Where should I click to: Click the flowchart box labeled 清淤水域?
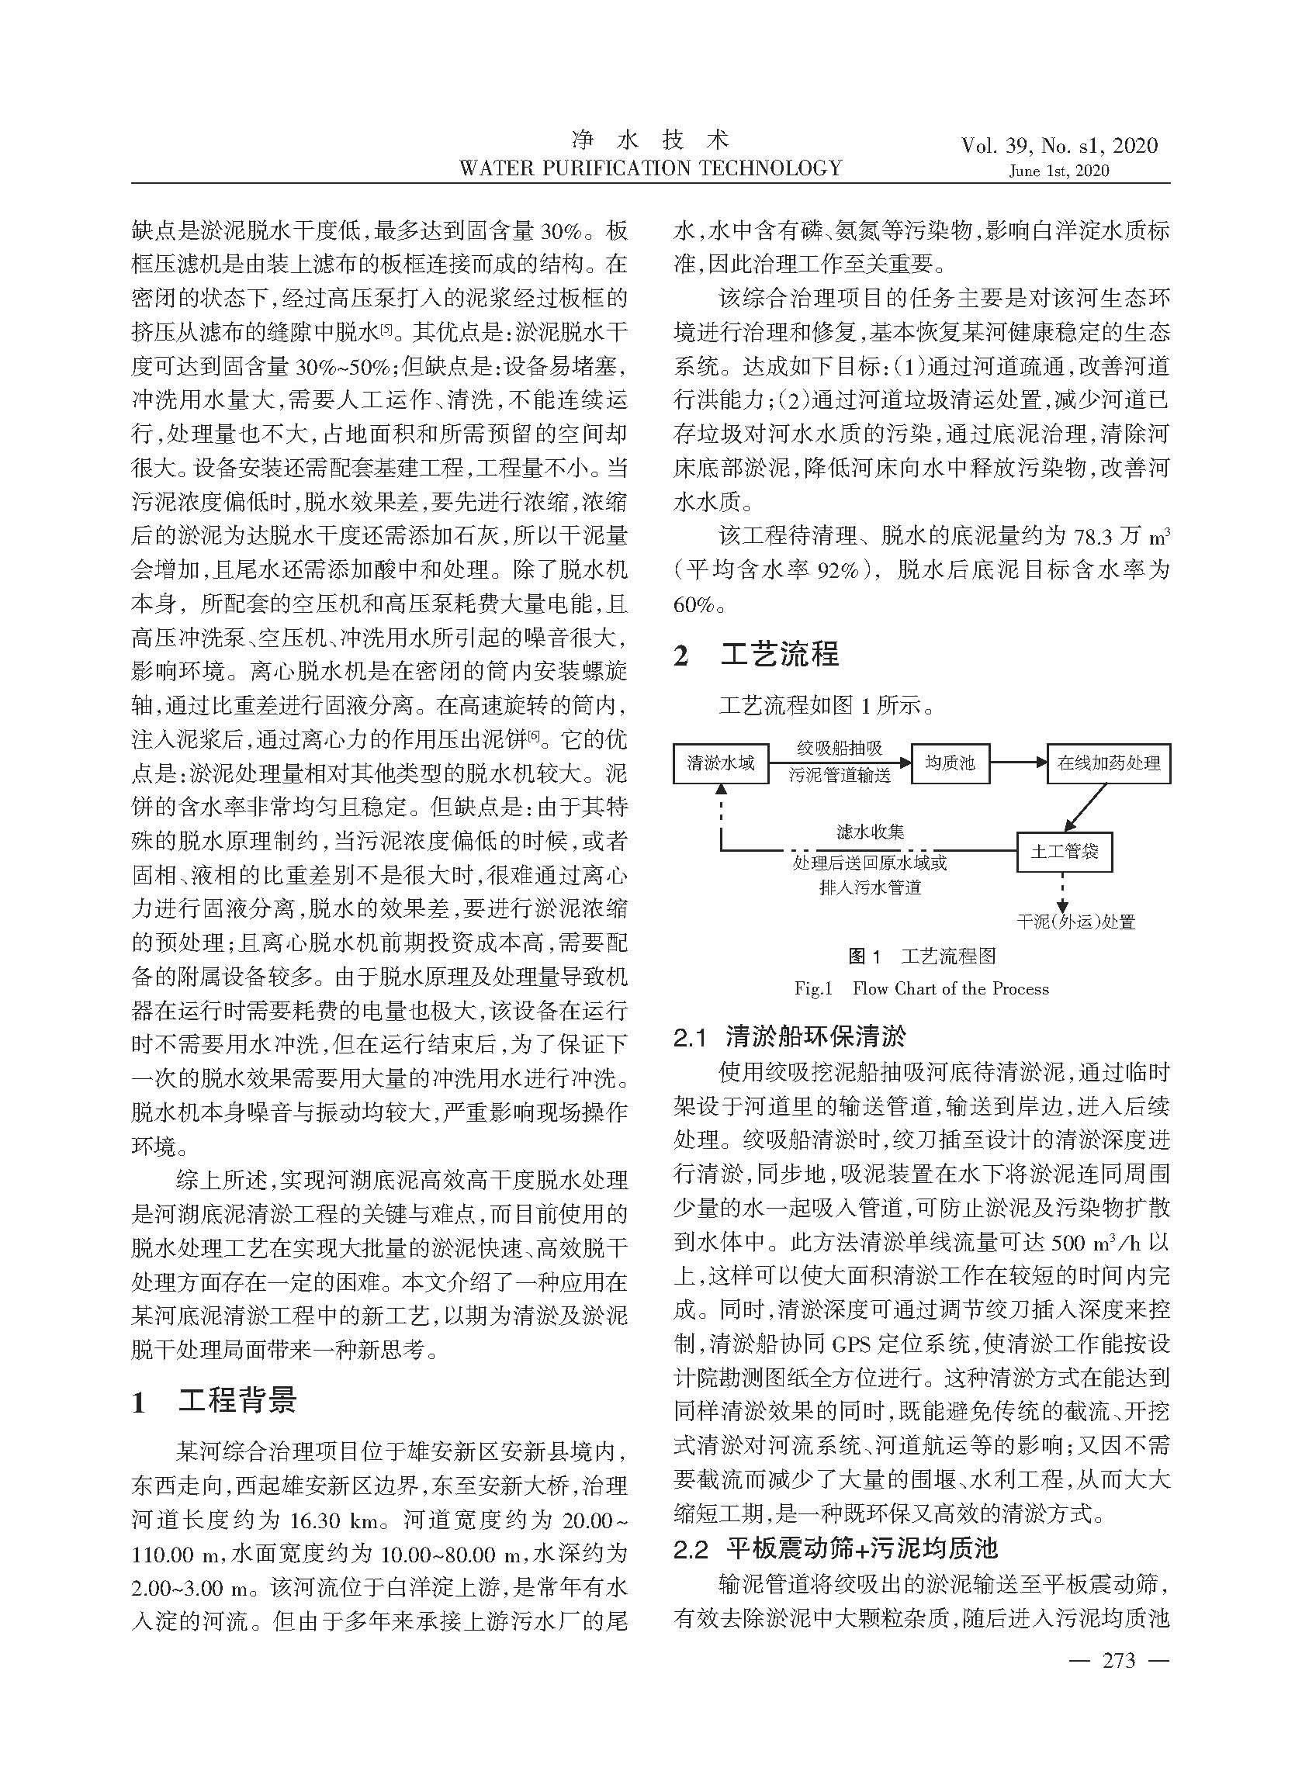tap(720, 763)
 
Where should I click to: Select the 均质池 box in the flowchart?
tap(950, 763)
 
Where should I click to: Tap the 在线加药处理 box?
tap(1108, 763)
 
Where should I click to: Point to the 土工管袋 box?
tap(1064, 851)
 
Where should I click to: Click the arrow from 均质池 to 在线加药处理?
tap(1018, 763)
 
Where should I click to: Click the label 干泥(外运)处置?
tap(1075, 922)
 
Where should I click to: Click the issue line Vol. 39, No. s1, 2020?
tap(1059, 145)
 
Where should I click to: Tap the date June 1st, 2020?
tap(1058, 171)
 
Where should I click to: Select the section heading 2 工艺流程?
tap(756, 655)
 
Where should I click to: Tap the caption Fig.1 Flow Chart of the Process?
tap(921, 988)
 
